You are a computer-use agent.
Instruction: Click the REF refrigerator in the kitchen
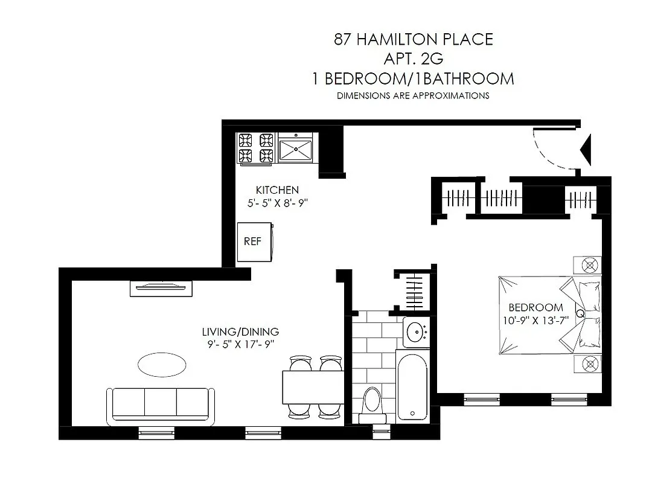pyautogui.click(x=254, y=241)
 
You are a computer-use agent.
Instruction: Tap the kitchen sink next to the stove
pyautogui.click(x=295, y=148)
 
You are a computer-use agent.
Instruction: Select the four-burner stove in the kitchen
pyautogui.click(x=256, y=148)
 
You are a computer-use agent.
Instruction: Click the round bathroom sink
pyautogui.click(x=415, y=331)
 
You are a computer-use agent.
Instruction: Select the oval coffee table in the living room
pyautogui.click(x=162, y=364)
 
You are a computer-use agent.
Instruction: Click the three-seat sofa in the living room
pyautogui.click(x=161, y=404)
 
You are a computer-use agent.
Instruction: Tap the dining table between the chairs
pyautogui.click(x=313, y=387)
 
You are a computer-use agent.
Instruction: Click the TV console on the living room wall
pyautogui.click(x=161, y=289)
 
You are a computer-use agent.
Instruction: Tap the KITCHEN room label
pyautogui.click(x=277, y=190)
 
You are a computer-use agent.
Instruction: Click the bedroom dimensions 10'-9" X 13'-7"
pyautogui.click(x=535, y=320)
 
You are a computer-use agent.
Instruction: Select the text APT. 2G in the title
pyautogui.click(x=414, y=59)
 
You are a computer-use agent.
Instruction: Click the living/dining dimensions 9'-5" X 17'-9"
pyautogui.click(x=240, y=345)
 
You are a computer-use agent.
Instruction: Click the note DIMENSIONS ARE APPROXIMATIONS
pyautogui.click(x=414, y=95)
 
